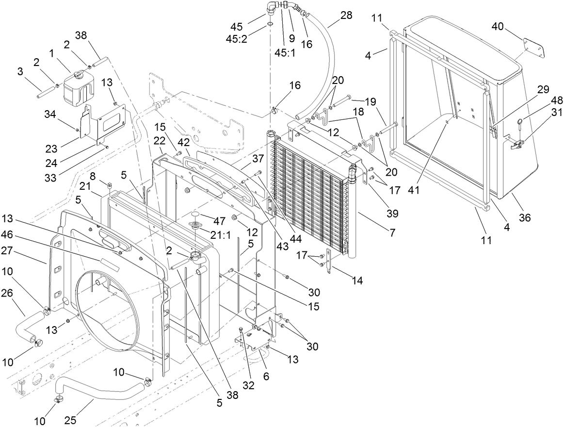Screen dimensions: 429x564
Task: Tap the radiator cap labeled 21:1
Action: (x=198, y=228)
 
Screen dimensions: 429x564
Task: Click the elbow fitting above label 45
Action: (x=273, y=8)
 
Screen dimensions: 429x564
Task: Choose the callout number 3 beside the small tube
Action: (x=20, y=72)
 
